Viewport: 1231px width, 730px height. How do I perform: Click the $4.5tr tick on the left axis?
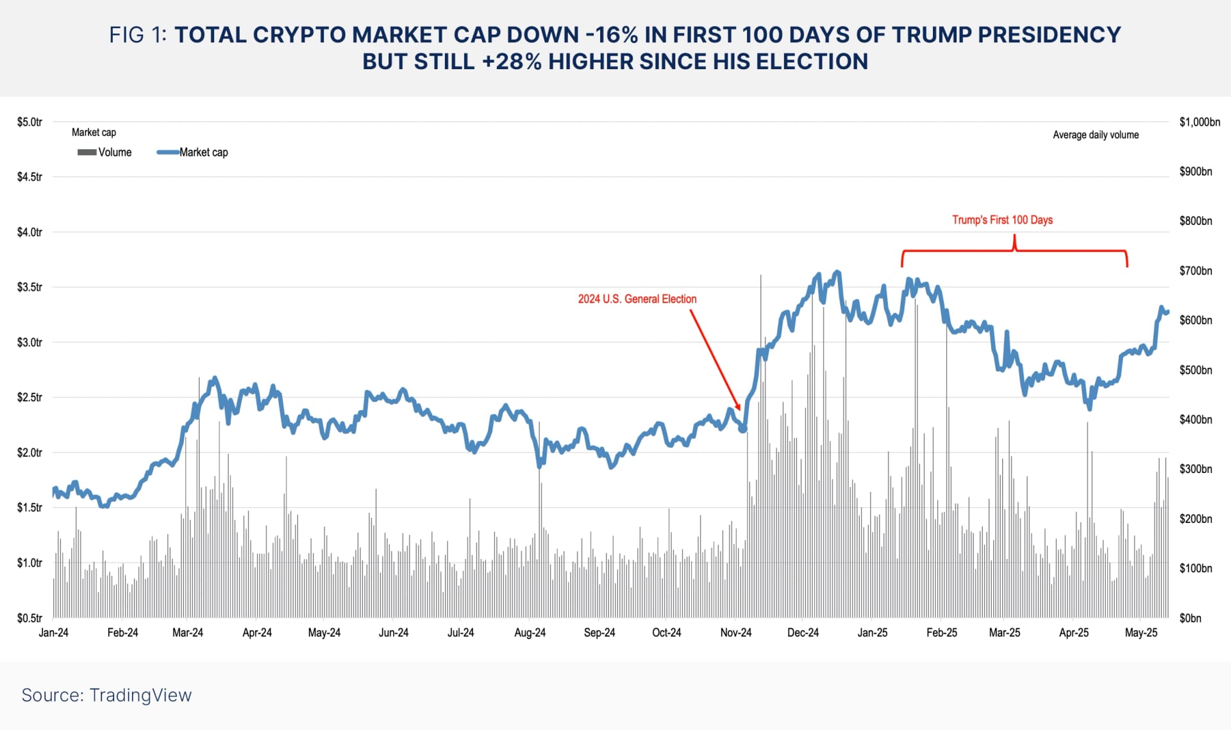point(29,177)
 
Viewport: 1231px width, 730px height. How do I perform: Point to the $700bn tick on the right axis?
point(1195,270)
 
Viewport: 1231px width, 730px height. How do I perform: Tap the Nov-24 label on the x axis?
point(735,633)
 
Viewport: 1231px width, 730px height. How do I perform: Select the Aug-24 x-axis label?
point(530,633)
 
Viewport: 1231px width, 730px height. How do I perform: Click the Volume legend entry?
point(105,152)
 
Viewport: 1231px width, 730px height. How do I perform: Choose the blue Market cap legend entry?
point(192,152)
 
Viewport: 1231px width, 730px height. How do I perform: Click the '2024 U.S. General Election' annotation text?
point(637,299)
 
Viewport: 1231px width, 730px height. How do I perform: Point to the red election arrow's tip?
point(740,410)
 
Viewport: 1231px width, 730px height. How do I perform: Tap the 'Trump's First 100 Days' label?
point(1002,220)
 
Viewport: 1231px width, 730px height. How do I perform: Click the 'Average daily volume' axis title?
point(1096,135)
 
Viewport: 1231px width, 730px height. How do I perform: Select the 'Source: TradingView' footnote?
point(106,695)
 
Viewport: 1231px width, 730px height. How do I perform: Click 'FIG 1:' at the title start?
point(137,35)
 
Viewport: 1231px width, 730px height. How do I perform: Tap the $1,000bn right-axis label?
point(1199,122)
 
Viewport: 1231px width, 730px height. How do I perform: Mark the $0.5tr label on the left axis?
point(29,618)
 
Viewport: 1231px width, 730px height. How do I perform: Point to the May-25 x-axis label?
point(1141,633)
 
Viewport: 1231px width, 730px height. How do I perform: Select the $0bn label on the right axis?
point(1190,618)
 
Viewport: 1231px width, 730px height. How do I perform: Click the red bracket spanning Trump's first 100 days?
point(1014,250)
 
